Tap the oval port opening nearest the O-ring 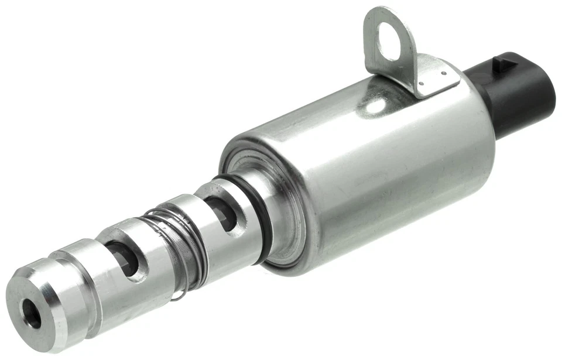click(222, 212)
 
